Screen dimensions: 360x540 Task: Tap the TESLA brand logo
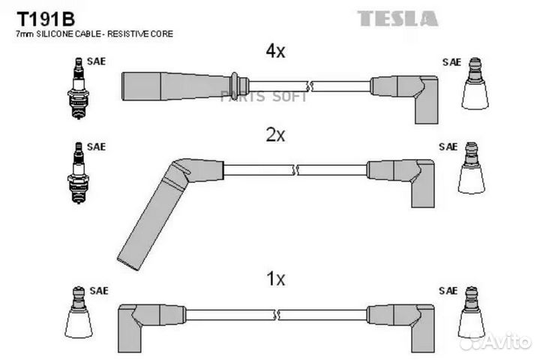pos(397,18)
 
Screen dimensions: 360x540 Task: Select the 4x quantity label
pos(275,51)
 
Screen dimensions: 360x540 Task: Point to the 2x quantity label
pos(275,135)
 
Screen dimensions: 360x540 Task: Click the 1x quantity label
pos(275,279)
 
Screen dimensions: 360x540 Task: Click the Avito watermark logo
pos(494,342)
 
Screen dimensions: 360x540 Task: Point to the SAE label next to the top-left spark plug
pos(95,61)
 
